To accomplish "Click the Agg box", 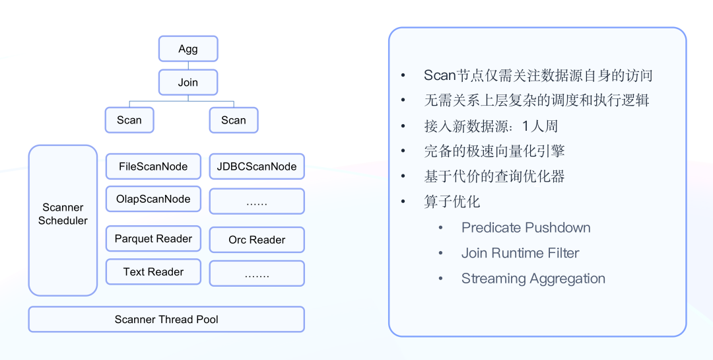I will tap(188, 49).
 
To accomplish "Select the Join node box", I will tap(188, 83).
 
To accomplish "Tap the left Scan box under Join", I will tap(129, 120).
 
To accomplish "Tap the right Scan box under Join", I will tap(234, 120).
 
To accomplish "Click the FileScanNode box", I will tap(153, 166).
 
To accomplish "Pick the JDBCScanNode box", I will tap(257, 166).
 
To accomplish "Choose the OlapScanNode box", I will tap(153, 199).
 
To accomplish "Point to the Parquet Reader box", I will tap(153, 238).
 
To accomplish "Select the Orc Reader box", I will tap(257, 240).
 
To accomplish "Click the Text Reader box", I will tap(153, 271).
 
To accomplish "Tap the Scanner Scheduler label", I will tap(63, 214).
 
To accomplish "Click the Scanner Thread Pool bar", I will tap(166, 319).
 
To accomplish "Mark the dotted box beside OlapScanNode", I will tap(257, 201).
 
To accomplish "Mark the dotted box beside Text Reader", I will tap(257, 273).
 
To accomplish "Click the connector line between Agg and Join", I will tap(188, 65).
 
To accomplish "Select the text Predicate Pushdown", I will tap(526, 228).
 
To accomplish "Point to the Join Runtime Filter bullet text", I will tap(520, 253).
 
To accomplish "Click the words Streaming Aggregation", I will tap(533, 279).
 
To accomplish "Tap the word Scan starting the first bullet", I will tap(440, 75).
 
